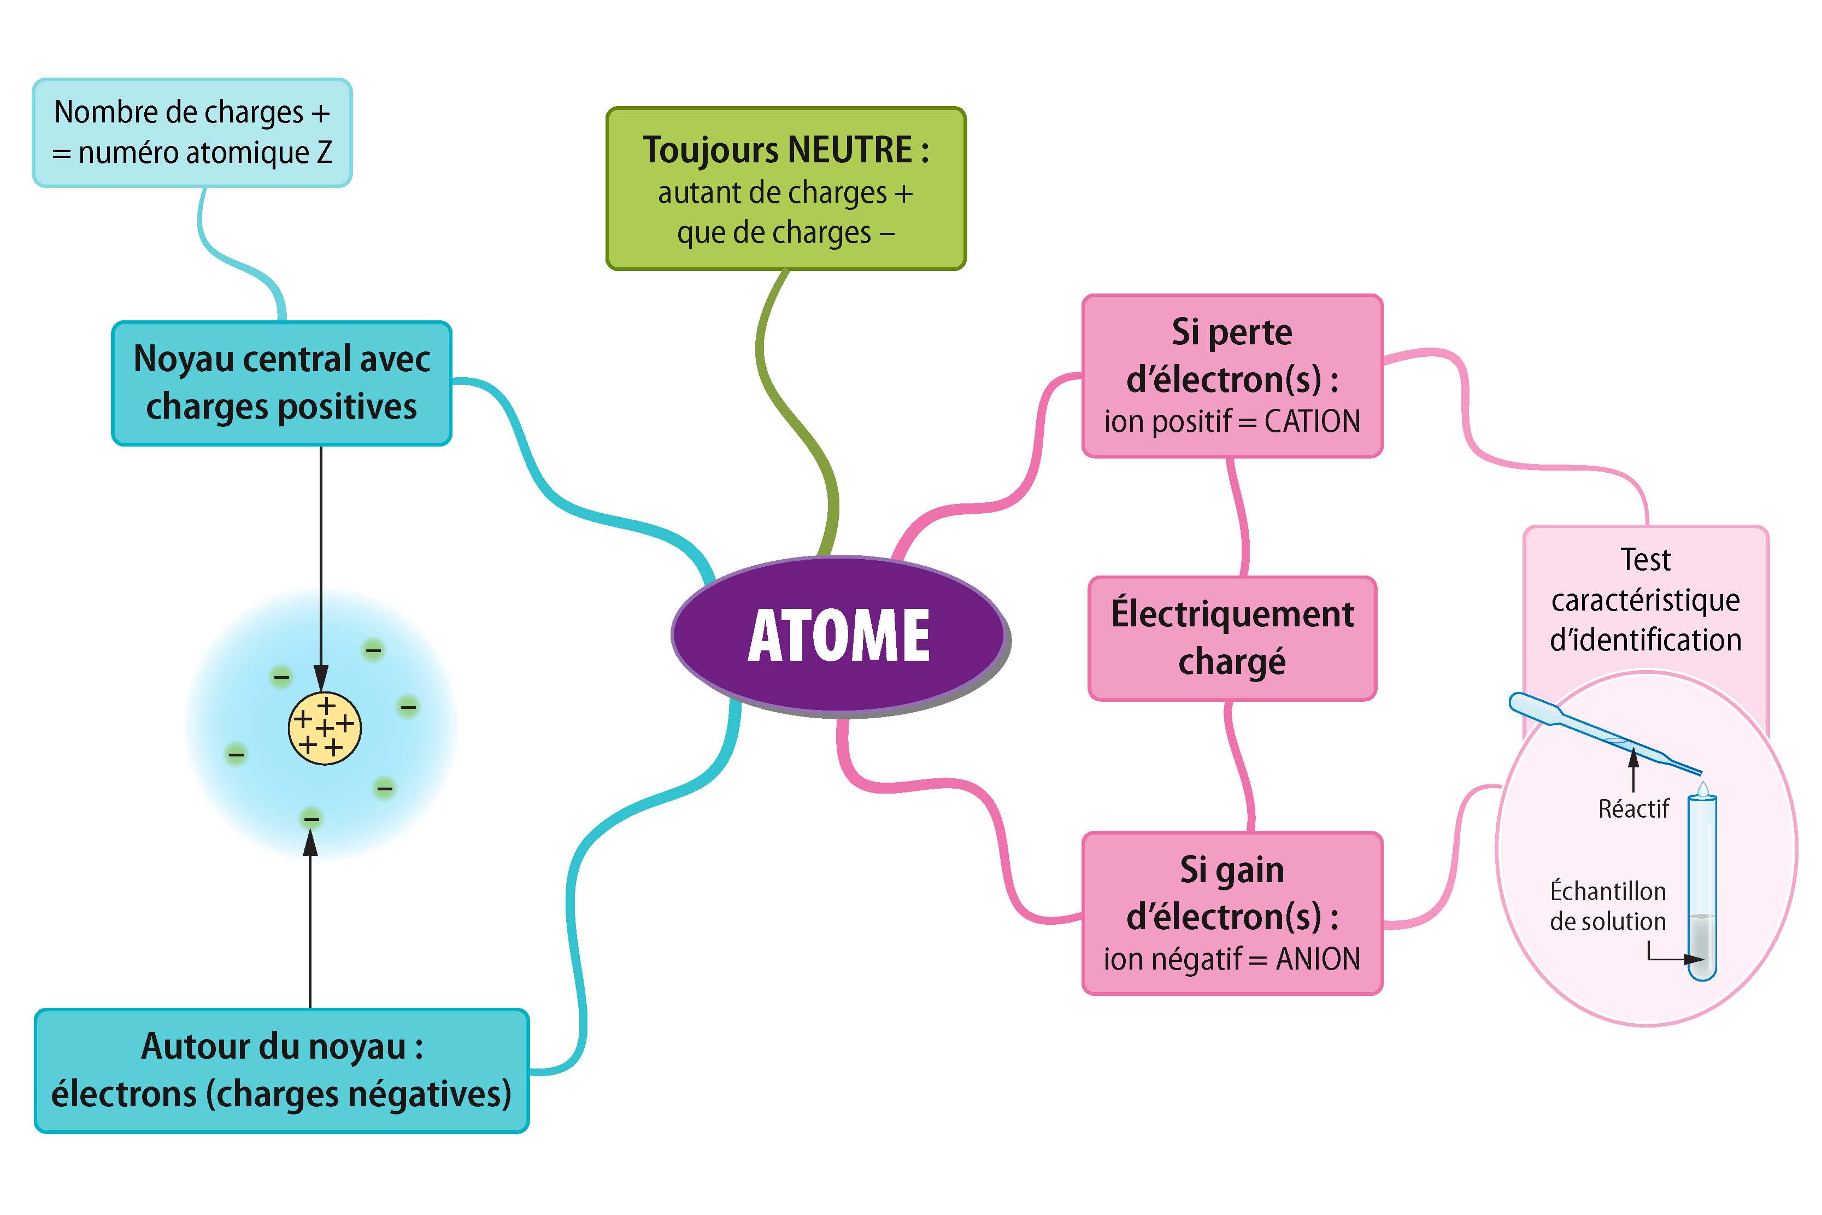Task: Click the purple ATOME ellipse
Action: coord(839,634)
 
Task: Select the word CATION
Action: coord(1312,421)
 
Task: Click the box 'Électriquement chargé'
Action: coord(1232,638)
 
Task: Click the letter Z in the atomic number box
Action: coord(325,152)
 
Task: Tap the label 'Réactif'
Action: coord(1633,809)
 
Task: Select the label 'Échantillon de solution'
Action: coord(1607,906)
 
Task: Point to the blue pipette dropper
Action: coord(1596,732)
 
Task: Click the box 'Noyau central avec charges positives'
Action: coord(281,383)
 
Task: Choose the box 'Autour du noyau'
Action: coord(281,1070)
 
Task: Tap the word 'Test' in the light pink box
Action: coord(1645,560)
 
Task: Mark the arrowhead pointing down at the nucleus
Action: coord(321,677)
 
